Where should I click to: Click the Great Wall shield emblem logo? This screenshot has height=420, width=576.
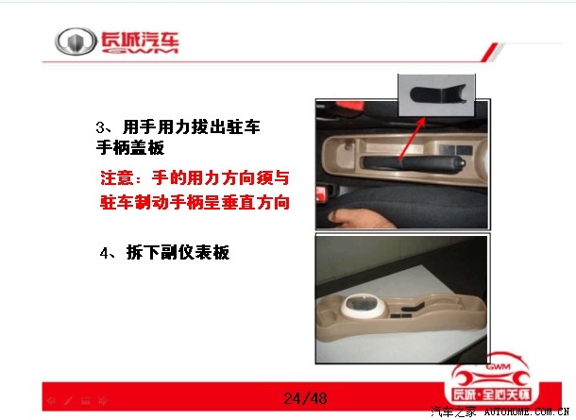point(76,42)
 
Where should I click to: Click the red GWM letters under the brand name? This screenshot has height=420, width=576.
point(140,50)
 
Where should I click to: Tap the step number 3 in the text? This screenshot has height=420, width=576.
point(100,127)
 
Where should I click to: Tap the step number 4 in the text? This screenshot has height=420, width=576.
point(104,253)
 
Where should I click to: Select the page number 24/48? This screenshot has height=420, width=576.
point(305,398)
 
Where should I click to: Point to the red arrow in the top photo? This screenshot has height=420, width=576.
point(412,138)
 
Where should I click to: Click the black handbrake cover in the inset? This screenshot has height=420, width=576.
point(437,94)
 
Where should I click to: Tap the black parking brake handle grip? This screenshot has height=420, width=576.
point(414,163)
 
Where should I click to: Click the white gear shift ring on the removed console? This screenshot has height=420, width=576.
point(364,305)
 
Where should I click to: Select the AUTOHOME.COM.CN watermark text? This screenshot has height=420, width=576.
point(527,412)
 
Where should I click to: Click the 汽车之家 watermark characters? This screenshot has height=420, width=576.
point(453,412)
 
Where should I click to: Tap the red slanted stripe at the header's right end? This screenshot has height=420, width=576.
point(490,52)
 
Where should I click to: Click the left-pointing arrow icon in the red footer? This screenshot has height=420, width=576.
point(52,400)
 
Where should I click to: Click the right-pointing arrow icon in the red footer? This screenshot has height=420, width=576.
point(103,400)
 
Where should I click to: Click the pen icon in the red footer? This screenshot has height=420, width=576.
point(69,400)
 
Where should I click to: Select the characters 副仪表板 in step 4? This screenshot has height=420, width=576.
point(195,253)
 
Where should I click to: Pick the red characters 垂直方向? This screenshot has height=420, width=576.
point(256,203)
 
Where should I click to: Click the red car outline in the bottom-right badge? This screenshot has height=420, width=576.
point(491,370)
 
